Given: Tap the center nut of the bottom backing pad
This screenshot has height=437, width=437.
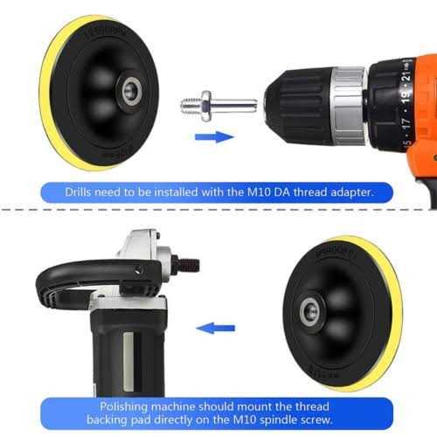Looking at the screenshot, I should [x=310, y=310].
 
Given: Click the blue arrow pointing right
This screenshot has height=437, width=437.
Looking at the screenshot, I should [x=214, y=136].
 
